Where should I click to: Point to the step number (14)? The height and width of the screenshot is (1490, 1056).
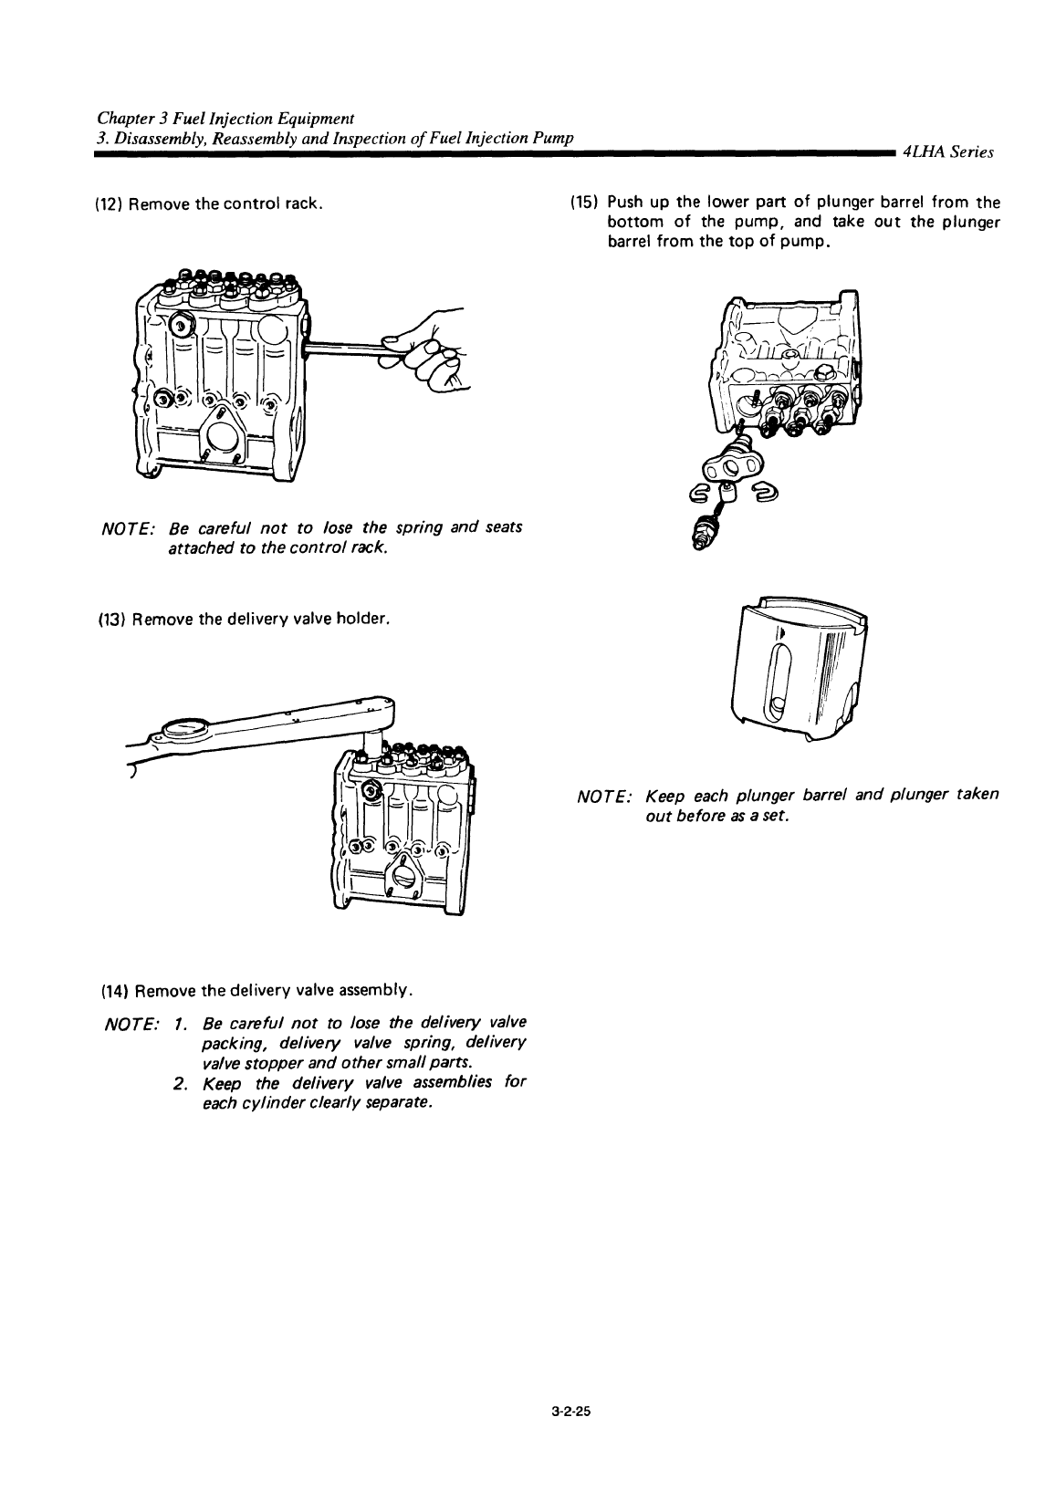[x=114, y=991]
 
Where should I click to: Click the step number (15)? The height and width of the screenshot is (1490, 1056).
[x=584, y=202]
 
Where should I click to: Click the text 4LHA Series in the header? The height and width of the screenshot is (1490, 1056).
[x=948, y=152]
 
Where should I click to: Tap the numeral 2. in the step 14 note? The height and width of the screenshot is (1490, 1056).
[x=180, y=1084]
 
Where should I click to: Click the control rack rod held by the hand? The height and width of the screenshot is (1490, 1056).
[x=348, y=345]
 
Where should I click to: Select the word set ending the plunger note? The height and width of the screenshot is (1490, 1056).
[x=776, y=817]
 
